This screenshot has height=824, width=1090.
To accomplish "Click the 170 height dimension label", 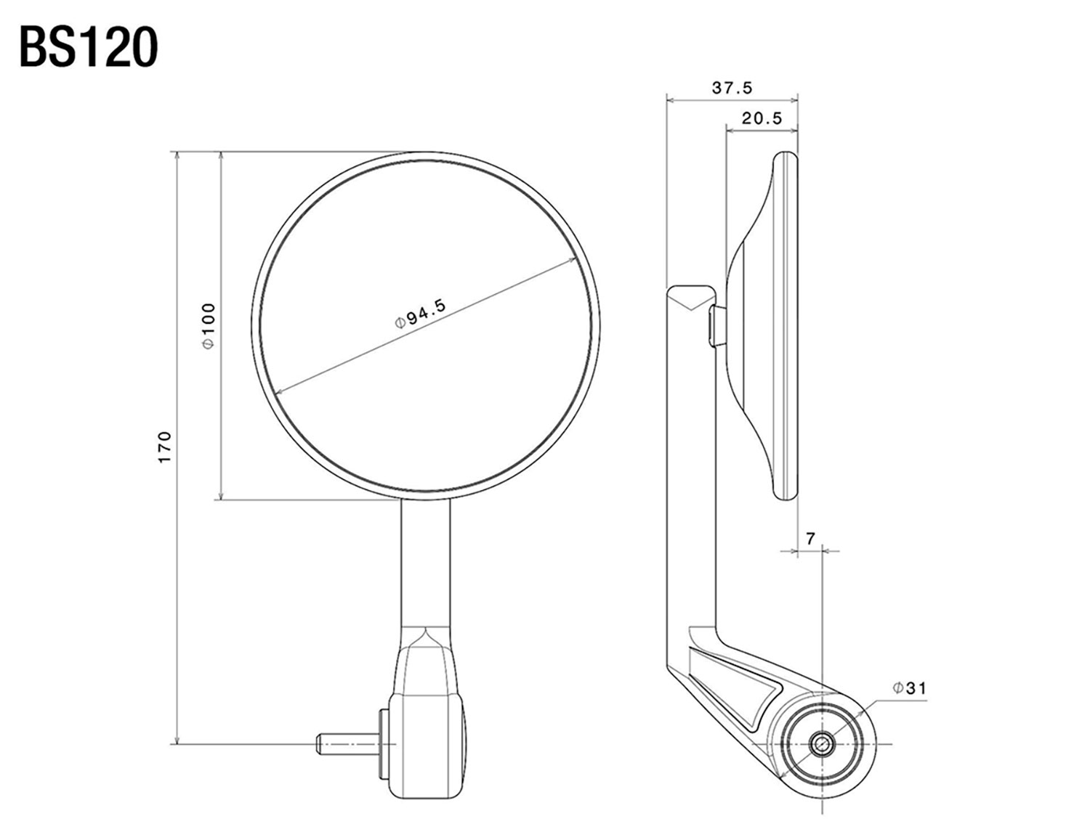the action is pos(164,447).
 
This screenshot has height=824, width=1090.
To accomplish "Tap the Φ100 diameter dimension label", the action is pos(209,325).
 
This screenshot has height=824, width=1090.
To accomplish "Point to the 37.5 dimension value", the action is pos(732,88).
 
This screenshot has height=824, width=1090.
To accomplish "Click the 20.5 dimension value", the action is pos(762,118).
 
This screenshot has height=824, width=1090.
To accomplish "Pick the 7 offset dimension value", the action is pos(810,538).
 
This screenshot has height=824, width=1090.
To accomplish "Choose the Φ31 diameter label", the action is pos(910,688).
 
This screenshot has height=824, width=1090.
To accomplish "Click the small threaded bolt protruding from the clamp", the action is pos(347,744).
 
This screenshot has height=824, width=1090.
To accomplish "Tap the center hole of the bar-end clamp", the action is pos(822,743).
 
